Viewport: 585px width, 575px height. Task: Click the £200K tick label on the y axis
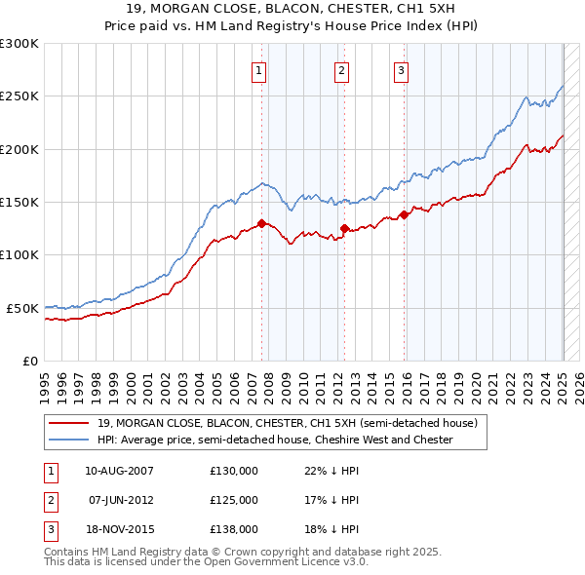tap(19, 149)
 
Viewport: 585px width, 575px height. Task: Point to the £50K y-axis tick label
tap(21, 308)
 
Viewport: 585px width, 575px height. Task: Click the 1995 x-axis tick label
tap(45, 380)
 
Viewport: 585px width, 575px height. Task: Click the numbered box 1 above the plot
tap(259, 69)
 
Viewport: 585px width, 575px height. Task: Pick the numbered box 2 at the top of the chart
tap(342, 69)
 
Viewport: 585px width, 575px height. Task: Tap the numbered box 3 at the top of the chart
tap(401, 69)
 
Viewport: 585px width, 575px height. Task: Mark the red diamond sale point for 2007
tap(262, 224)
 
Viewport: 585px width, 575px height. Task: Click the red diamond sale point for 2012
tap(344, 229)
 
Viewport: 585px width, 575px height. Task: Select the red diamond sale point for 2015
tap(404, 215)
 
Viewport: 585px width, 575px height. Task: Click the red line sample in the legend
tap(68, 424)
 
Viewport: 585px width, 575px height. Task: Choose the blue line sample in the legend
tap(68, 440)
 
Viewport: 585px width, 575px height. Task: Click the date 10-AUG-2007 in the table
tap(120, 471)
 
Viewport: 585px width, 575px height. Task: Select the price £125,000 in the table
tap(234, 500)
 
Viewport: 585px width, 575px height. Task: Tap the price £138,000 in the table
tap(234, 529)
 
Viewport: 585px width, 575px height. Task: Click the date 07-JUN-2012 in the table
tap(122, 500)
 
